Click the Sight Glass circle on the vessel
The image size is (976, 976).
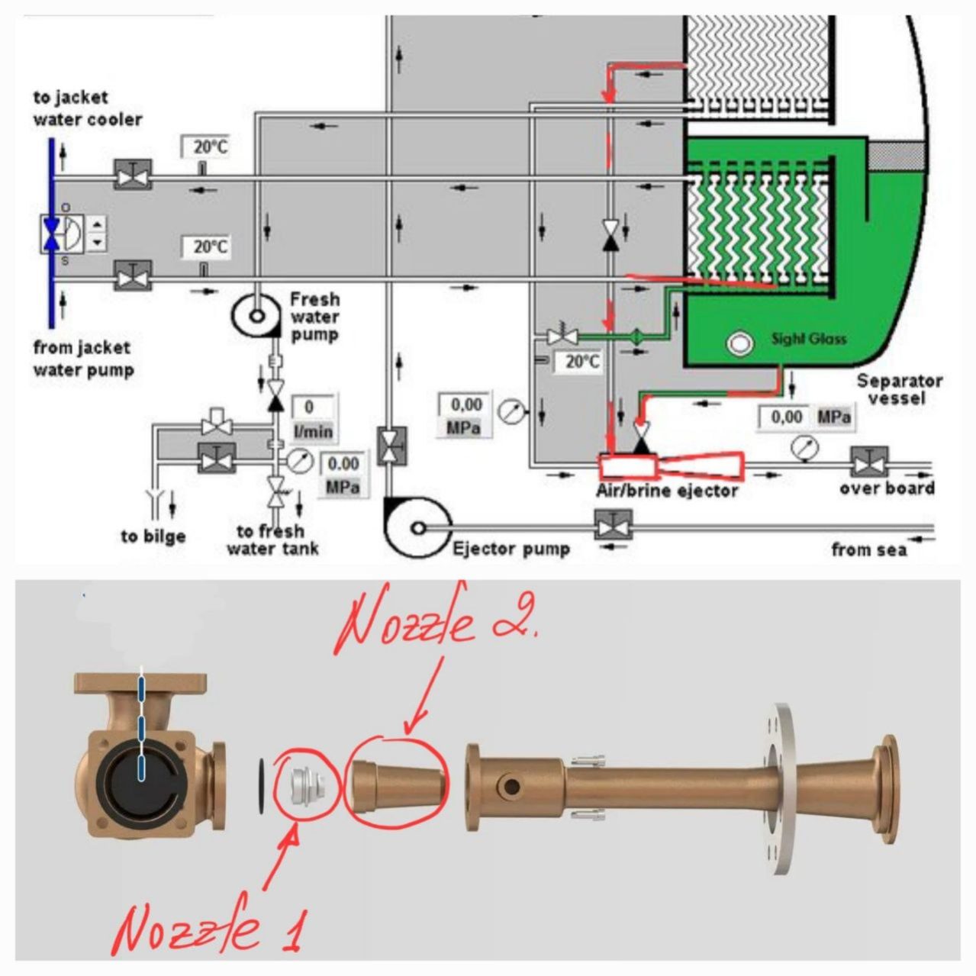(738, 343)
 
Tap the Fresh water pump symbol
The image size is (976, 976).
(257, 314)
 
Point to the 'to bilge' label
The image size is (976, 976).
(153, 536)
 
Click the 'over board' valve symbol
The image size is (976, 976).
(868, 463)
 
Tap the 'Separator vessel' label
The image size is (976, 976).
(898, 389)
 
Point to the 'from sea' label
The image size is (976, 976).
(868, 549)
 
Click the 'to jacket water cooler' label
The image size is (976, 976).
(87, 108)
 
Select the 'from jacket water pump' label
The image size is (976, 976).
(83, 359)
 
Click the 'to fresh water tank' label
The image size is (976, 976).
(272, 540)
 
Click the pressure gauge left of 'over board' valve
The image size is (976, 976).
(802, 448)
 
